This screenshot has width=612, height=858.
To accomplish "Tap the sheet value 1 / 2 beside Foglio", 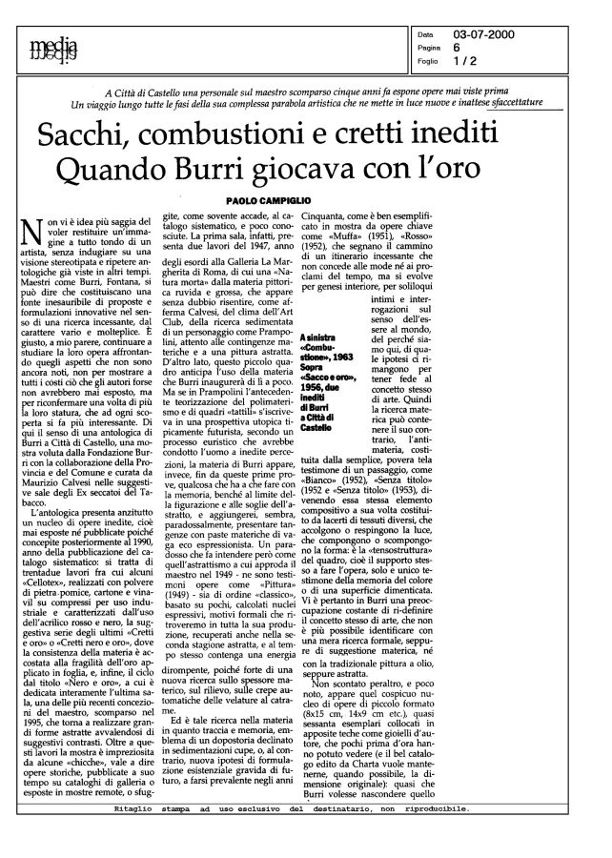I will click(x=494, y=62).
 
